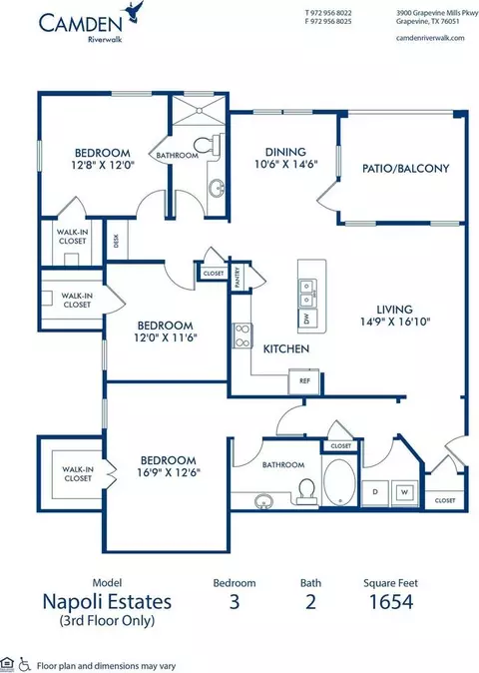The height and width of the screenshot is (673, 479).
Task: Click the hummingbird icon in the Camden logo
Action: (134, 11)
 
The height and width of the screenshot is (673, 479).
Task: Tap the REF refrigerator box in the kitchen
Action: (304, 381)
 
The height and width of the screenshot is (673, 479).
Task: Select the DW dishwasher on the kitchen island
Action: (306, 319)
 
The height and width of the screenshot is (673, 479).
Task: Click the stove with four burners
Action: (242, 336)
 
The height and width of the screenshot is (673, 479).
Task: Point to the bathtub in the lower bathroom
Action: (339, 481)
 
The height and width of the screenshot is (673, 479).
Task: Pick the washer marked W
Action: (404, 492)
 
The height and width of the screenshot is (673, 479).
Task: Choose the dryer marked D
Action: (375, 492)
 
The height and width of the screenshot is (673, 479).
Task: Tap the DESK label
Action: (116, 241)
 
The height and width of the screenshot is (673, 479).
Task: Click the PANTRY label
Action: (238, 277)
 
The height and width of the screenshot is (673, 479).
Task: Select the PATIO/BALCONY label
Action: (406, 168)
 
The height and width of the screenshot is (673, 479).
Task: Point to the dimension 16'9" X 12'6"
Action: (169, 472)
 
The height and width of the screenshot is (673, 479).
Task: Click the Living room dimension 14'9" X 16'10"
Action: (395, 322)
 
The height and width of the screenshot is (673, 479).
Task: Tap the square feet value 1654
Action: (391, 602)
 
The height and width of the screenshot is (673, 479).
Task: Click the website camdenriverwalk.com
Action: (430, 38)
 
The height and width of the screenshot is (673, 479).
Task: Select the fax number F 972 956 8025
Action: (328, 21)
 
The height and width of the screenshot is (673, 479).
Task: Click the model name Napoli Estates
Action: (107, 602)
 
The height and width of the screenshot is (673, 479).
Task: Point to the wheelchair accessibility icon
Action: (25, 664)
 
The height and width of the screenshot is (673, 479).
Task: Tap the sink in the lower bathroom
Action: (263, 501)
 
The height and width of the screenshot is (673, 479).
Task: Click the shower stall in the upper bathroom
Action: (199, 110)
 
